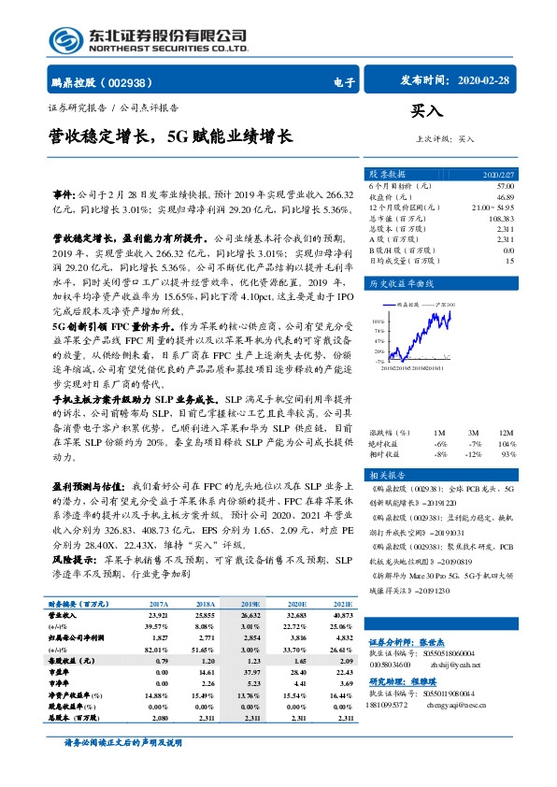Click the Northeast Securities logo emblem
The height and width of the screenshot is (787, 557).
(x=67, y=40)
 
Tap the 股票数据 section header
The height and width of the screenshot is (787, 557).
(x=387, y=175)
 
